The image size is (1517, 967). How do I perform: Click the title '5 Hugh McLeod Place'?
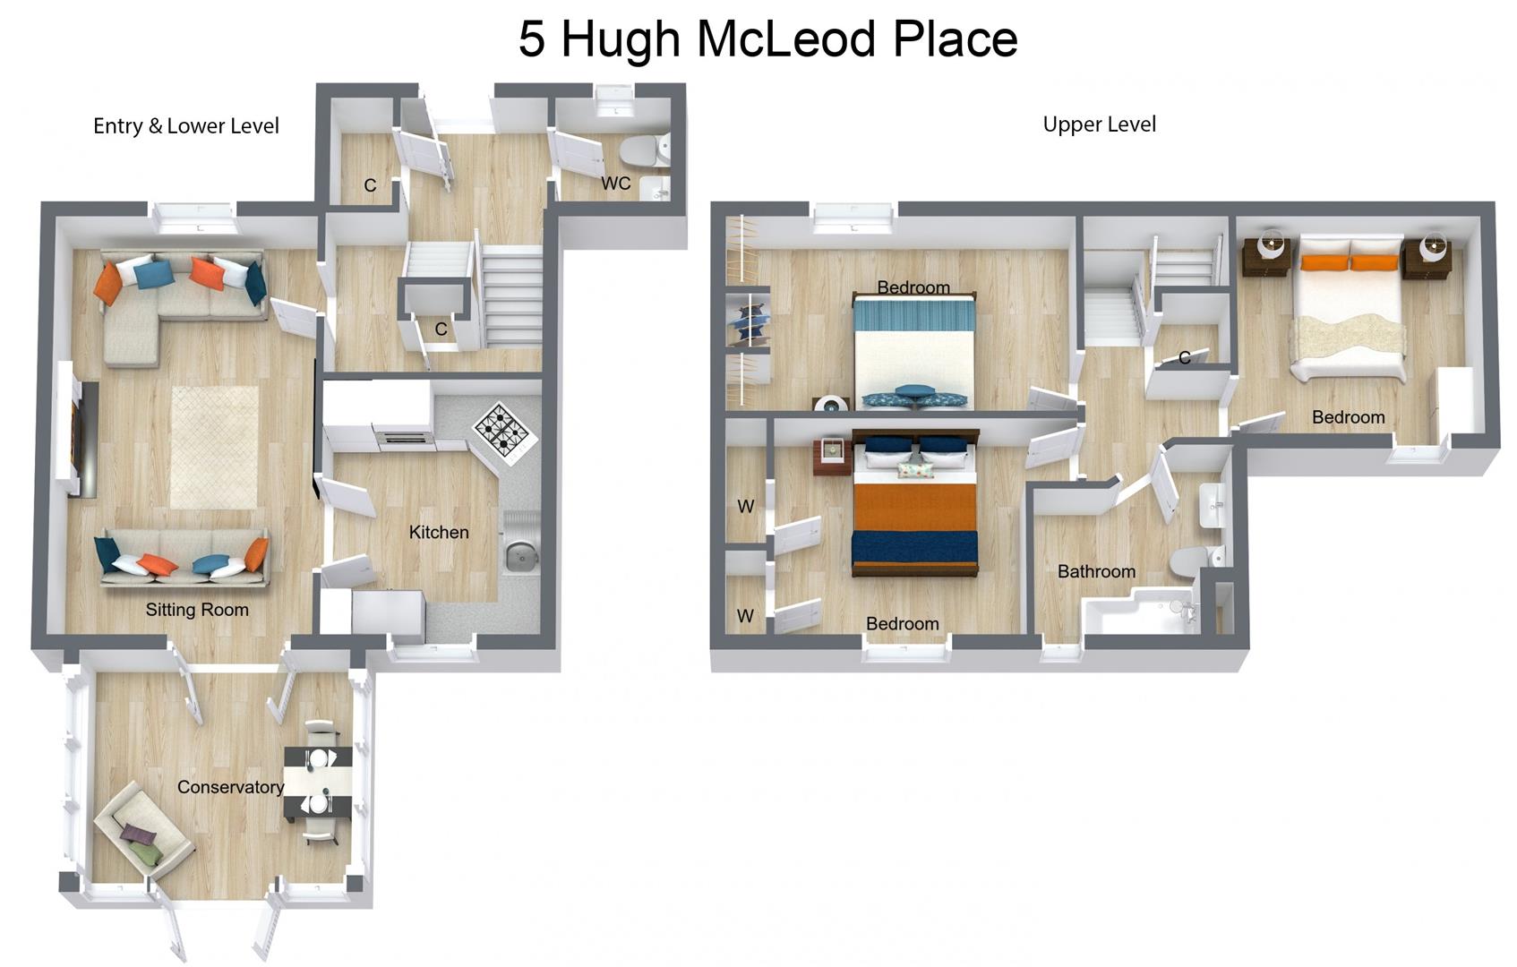pyautogui.click(x=767, y=39)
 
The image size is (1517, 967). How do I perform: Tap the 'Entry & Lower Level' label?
pyautogui.click(x=186, y=126)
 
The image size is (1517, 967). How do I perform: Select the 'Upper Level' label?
pyautogui.click(x=1099, y=124)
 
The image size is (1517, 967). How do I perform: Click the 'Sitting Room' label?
pyautogui.click(x=197, y=610)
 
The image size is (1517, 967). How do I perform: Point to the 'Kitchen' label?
pyautogui.click(x=439, y=532)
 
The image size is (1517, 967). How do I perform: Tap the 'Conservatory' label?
pyautogui.click(x=230, y=787)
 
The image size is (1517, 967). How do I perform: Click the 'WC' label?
pyautogui.click(x=616, y=184)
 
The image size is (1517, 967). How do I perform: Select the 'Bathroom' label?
pyautogui.click(x=1096, y=571)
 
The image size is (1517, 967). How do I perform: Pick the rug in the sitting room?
pyautogui.click(x=214, y=447)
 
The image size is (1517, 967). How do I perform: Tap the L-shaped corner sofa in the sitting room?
pyautogui.click(x=170, y=295)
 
